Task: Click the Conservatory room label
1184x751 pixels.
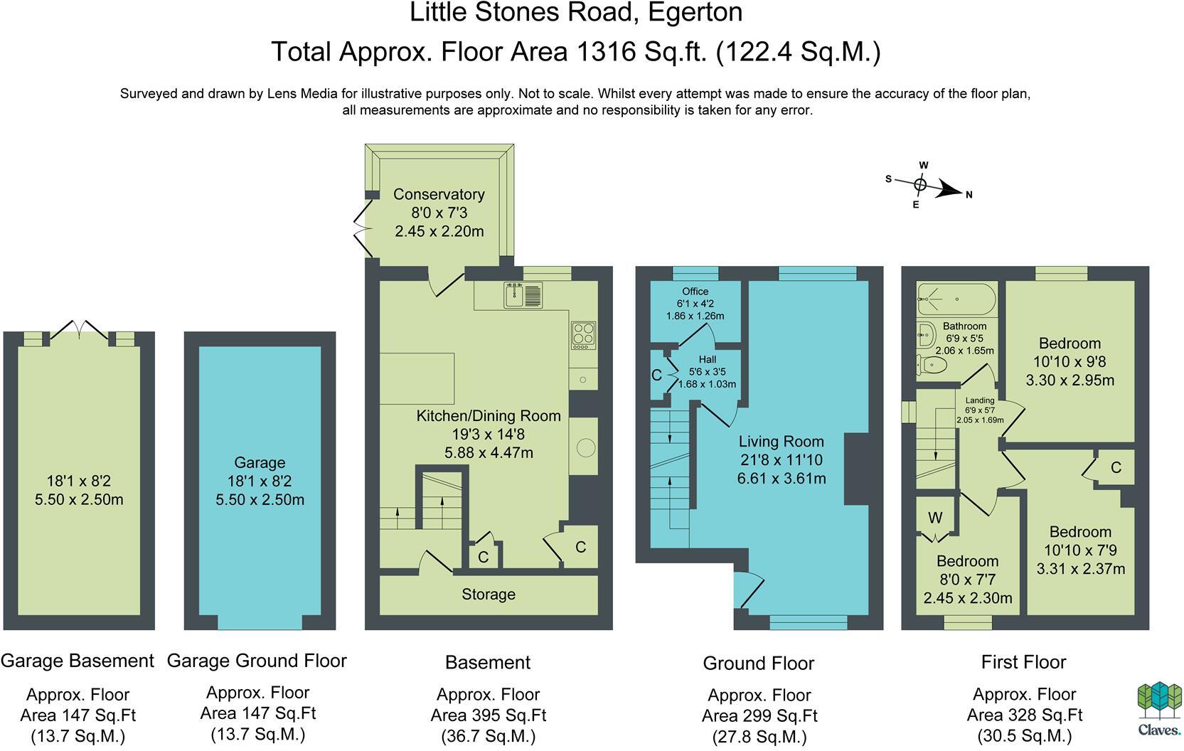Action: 439,194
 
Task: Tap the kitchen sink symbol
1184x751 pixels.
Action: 523,295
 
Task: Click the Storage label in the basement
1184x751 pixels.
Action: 489,595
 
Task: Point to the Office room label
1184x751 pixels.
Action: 695,292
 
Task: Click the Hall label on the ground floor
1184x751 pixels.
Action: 707,360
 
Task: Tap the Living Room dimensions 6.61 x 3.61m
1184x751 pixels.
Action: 782,479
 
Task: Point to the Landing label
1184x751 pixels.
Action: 979,400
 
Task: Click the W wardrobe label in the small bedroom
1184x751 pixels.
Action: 935,518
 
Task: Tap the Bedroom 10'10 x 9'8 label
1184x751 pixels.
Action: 1070,343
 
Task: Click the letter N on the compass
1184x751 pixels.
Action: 969,194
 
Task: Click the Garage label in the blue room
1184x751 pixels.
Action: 260,463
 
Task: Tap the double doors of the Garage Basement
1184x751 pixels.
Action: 80,329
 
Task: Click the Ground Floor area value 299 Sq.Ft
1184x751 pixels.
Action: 759,716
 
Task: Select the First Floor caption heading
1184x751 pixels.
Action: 1023,662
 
